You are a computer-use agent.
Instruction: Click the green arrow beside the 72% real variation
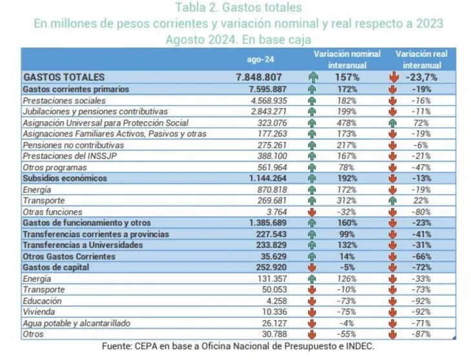[392, 122]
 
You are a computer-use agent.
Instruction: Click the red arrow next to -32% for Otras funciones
[313, 212]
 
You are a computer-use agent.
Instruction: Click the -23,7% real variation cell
[426, 77]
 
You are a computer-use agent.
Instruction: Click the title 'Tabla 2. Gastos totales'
[238, 8]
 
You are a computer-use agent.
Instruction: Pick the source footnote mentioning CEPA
[238, 347]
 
